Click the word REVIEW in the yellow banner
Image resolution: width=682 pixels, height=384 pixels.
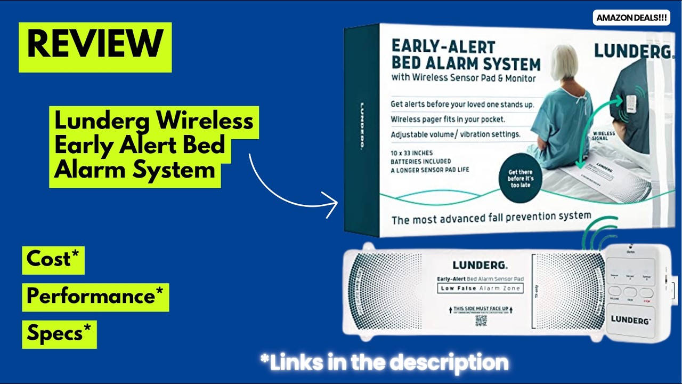click(x=95, y=45)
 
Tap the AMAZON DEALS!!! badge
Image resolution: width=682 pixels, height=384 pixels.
click(x=631, y=18)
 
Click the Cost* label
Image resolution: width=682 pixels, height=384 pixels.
click(x=53, y=259)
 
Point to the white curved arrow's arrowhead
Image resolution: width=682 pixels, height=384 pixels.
click(x=333, y=203)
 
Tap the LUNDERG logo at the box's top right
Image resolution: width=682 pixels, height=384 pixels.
click(x=632, y=51)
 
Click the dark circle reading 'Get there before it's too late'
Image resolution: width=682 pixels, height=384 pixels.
click(x=521, y=179)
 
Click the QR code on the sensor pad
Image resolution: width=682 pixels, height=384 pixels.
click(x=481, y=321)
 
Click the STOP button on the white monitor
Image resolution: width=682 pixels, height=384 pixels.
click(x=646, y=293)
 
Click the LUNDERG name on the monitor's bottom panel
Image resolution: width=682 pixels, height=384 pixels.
click(x=630, y=321)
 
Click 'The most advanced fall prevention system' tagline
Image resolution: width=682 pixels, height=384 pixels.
click(x=491, y=218)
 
